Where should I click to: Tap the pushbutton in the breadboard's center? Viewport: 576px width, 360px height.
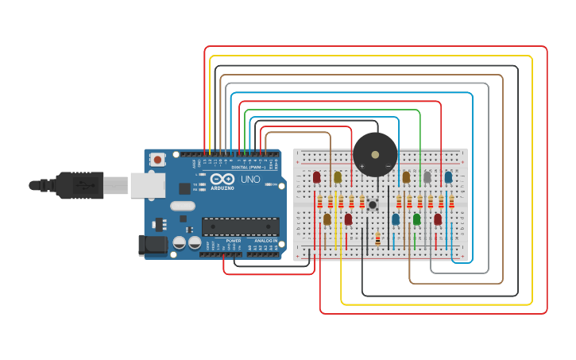tap(372, 205)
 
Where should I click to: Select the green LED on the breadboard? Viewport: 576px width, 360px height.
tap(416, 219)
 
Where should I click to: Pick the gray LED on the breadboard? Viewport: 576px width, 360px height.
tap(427, 176)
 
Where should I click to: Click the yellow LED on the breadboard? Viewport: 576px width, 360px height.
tap(338, 176)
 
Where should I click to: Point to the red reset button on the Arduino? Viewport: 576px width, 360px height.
tap(157, 159)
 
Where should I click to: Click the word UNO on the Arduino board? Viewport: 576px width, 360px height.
tap(250, 180)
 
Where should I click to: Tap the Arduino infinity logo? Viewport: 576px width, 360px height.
tap(223, 180)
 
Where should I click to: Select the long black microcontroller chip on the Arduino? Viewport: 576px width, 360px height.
tap(241, 226)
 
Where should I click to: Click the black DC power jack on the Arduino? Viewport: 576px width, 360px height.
tap(153, 246)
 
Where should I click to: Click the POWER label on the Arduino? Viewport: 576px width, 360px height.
tap(233, 240)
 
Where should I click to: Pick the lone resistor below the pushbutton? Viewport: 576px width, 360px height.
tap(377, 238)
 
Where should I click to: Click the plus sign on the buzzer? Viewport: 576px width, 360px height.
tap(361, 166)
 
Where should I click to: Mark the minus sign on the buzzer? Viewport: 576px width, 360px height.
tap(388, 166)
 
